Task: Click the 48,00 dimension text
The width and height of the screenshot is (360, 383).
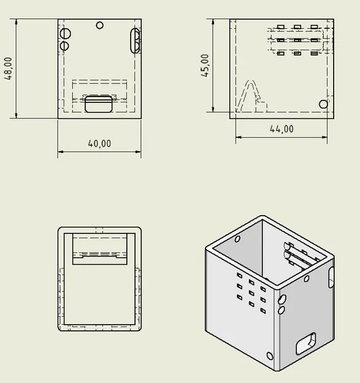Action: coord(9,68)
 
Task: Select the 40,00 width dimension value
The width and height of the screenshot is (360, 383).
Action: coord(99,143)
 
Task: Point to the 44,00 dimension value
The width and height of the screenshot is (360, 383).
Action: coord(281,129)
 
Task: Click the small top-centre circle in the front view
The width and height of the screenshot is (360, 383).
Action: coord(100,25)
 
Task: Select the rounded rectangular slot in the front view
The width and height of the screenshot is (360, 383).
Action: coord(98,104)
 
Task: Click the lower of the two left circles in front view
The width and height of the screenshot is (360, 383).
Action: coord(64,45)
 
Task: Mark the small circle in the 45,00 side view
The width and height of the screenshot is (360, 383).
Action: coord(324,104)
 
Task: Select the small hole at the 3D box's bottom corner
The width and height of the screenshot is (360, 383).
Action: coord(270,356)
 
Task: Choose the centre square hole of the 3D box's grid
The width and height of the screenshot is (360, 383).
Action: coord(251,292)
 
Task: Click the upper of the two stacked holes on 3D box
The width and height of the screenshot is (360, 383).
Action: coord(282,300)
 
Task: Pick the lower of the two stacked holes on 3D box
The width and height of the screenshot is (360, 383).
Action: coord(281,310)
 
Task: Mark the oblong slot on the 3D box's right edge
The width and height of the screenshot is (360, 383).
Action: coord(332,276)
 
